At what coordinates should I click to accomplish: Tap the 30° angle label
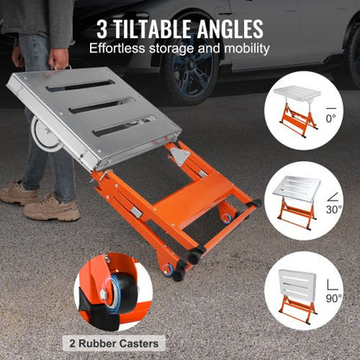(334, 209)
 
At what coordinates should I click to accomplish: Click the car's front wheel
(188, 76)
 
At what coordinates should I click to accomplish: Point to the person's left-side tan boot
(20, 192)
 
